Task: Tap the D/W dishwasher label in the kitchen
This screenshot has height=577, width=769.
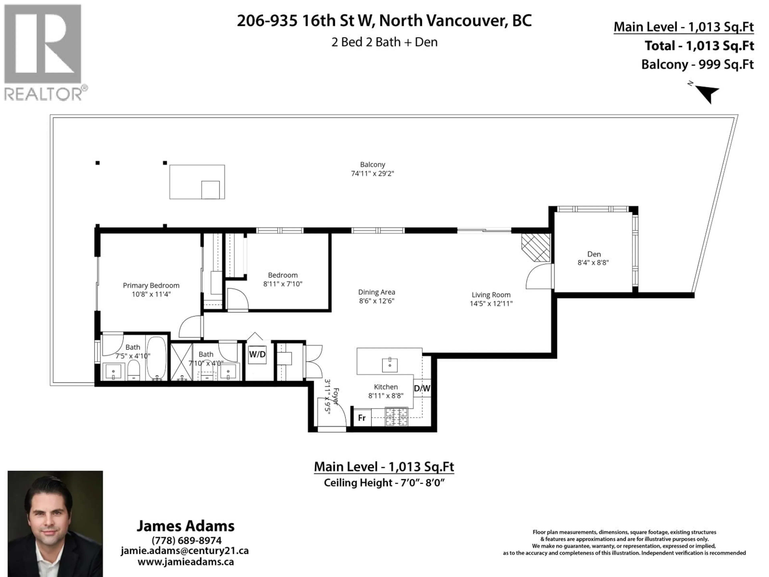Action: tap(422, 388)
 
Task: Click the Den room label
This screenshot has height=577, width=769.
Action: tap(594, 254)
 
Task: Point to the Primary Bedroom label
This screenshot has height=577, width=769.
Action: tap(151, 285)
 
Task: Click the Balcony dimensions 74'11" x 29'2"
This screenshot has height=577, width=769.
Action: tap(372, 174)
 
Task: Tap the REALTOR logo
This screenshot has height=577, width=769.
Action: tap(43, 52)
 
